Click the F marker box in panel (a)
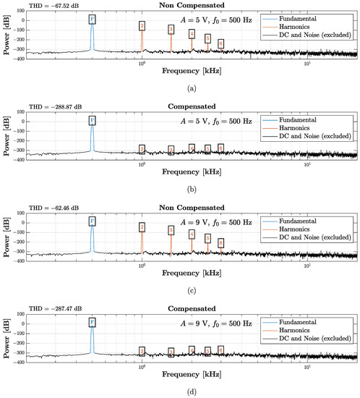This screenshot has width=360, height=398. (92, 20)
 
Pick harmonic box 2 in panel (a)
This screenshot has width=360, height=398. (142, 26)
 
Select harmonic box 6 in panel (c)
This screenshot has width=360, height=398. (220, 243)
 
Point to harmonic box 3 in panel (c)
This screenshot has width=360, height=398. (171, 231)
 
